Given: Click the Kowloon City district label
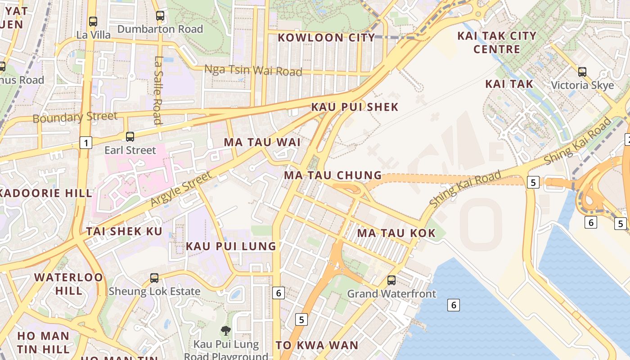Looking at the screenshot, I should [326, 37].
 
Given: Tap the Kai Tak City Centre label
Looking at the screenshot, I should [497, 42].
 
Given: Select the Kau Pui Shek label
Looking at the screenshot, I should [355, 107].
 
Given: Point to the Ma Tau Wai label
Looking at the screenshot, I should [262, 142].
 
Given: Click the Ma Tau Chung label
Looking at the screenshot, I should [333, 175].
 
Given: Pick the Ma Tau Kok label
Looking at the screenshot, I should [396, 233].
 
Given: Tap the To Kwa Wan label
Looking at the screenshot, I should [317, 345].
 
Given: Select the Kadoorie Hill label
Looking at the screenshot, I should [45, 193].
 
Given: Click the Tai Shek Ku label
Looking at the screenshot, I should [124, 231].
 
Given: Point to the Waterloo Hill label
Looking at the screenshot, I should [69, 283].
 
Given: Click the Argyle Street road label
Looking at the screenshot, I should [180, 189].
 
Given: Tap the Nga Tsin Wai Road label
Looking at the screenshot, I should [253, 70].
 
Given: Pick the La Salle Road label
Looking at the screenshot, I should [158, 90].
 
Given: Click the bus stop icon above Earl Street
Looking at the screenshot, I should [130, 136].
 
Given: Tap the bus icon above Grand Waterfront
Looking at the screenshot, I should [391, 280].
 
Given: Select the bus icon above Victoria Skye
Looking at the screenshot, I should [582, 72].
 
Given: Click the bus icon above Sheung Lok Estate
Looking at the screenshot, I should [154, 278].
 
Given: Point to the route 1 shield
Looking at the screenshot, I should [85, 143].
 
